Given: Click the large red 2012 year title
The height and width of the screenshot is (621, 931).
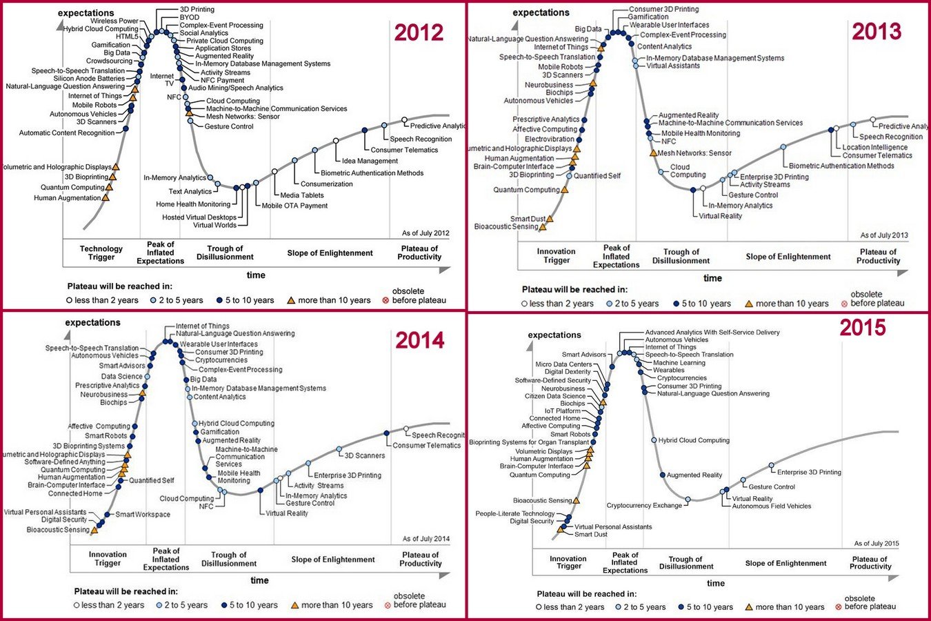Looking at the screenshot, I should point(419,32).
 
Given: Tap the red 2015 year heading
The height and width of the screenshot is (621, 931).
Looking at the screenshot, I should point(863,327).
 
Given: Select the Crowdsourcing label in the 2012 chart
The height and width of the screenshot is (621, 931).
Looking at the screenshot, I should point(109,61).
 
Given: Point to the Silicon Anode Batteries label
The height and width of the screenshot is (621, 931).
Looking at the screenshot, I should point(89,79).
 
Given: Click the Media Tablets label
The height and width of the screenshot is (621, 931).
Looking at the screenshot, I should point(301,195).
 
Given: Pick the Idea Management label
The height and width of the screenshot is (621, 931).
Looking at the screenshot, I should point(370,161).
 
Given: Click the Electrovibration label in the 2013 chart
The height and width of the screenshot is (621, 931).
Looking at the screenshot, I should point(550,139).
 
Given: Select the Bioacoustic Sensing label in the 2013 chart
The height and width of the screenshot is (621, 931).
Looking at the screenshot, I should point(506,226).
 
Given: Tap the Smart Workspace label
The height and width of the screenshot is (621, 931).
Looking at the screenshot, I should point(143,514).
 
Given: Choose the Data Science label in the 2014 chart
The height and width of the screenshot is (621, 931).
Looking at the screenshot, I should point(122,377).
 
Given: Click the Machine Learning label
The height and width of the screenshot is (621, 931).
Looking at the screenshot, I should point(679,363).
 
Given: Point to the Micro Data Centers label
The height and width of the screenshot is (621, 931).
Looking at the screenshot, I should point(563,364).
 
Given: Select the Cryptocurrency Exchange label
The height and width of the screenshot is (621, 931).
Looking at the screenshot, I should point(644,506).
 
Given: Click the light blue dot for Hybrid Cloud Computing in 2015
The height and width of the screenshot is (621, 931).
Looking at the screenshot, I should point(654,440).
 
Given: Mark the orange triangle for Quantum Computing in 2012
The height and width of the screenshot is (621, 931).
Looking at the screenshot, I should point(109,186).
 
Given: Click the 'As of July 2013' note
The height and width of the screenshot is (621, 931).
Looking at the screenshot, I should point(884,235).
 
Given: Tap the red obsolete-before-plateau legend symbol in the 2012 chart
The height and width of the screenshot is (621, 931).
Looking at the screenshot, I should point(386,300).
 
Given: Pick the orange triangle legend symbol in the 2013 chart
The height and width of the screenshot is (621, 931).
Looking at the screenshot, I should point(749,304).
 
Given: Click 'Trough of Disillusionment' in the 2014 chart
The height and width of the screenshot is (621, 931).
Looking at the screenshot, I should point(229,559).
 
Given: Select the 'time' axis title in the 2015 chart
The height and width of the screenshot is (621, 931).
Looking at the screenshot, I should point(716,584).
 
